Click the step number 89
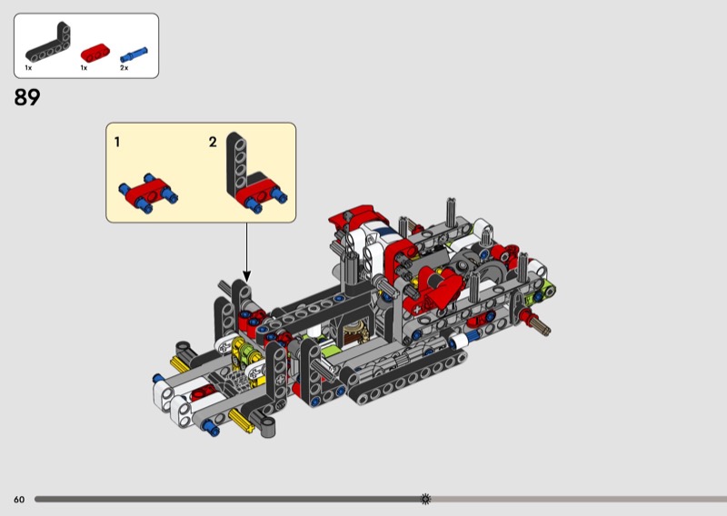point(27,97)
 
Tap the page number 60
point(19,500)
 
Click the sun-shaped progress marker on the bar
point(425,499)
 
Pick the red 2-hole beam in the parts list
point(95,53)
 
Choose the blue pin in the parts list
point(134,55)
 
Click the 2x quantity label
point(124,68)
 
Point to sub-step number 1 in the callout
point(117,142)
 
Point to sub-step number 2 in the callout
point(213,142)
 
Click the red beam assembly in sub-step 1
point(148,193)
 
